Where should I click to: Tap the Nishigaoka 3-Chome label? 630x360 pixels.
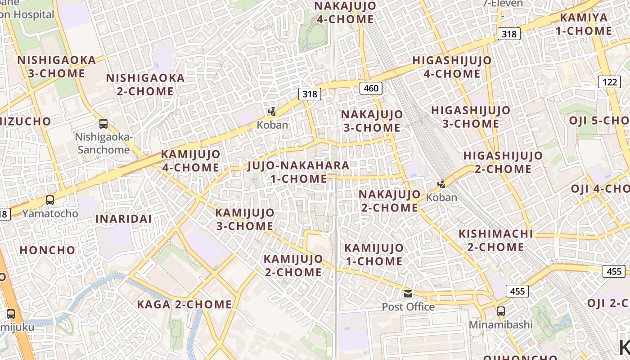point(57,67)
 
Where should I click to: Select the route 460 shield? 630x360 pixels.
point(371,88)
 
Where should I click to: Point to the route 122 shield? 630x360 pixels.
point(609,82)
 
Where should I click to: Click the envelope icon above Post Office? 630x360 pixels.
point(408,294)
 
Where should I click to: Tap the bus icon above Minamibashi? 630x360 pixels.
point(500,311)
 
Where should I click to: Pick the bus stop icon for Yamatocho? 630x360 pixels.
point(50,200)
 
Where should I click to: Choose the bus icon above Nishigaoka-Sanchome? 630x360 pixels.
point(103,123)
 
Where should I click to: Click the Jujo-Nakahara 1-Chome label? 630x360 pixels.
point(298,172)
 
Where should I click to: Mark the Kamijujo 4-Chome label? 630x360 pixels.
point(191,161)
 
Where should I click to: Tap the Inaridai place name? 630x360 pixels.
point(123,219)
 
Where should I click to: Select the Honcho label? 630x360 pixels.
point(47,250)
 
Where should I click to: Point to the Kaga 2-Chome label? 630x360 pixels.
point(184,304)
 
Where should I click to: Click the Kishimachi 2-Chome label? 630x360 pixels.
point(495,240)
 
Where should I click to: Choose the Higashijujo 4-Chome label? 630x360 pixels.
point(452,67)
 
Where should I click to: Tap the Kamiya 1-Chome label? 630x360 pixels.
point(585,24)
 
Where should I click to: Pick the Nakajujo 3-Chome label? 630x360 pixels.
point(372,121)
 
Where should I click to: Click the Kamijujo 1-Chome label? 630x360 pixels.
point(374,254)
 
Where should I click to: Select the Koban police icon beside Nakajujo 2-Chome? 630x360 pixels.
point(441,184)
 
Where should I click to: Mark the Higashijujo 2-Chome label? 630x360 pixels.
point(503,162)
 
